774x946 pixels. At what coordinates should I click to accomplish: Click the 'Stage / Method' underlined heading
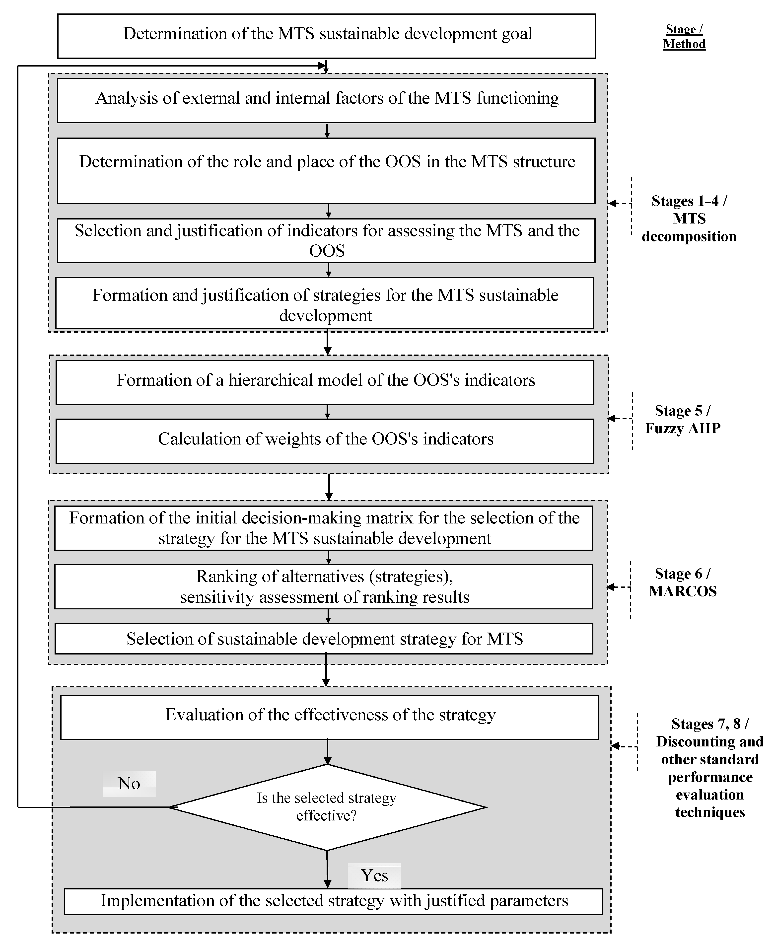(x=684, y=37)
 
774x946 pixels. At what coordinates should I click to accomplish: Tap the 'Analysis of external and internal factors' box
(x=326, y=100)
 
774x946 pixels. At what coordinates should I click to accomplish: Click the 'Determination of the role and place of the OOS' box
(x=326, y=170)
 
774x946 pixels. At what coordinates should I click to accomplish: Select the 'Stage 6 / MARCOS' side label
(x=683, y=582)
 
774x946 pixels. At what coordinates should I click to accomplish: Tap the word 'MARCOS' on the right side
(x=683, y=591)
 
